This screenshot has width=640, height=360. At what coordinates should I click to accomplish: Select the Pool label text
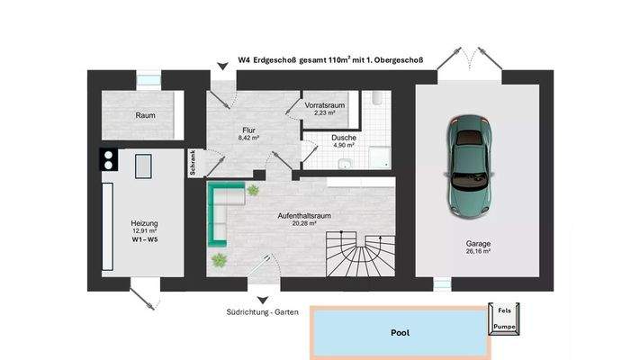click(x=400, y=332)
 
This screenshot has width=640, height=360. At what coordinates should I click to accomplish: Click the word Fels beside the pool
click(x=505, y=310)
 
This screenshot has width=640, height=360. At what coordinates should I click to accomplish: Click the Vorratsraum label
click(x=325, y=105)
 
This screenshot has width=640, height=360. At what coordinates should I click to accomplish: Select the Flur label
click(x=248, y=130)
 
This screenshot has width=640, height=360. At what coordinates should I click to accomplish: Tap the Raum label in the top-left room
click(x=146, y=115)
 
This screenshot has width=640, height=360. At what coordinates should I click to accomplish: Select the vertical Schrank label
click(x=193, y=162)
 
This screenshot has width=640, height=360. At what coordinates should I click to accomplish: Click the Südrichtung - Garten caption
click(x=261, y=313)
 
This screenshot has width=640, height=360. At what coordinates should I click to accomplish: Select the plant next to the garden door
click(x=219, y=261)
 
